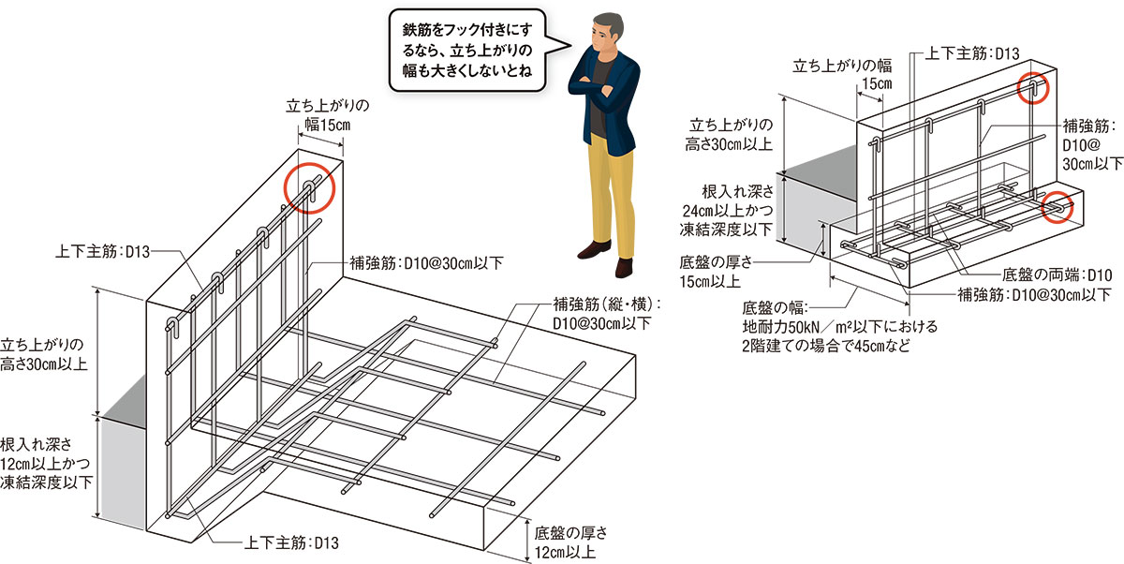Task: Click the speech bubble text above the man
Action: (x=465, y=49)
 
